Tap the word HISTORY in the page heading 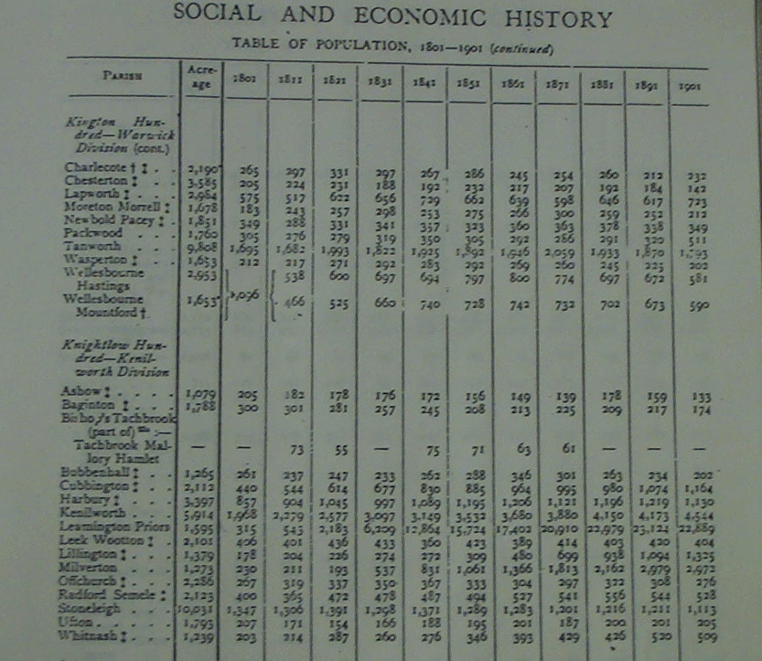pyautogui.click(x=556, y=18)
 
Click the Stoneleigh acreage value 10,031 pyautogui.click(x=199, y=606)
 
